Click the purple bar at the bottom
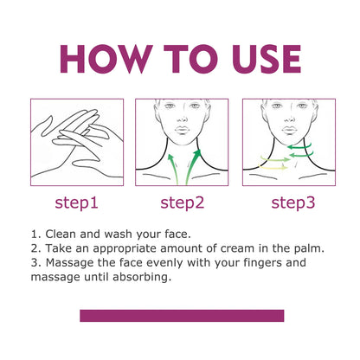coord(183,315)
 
